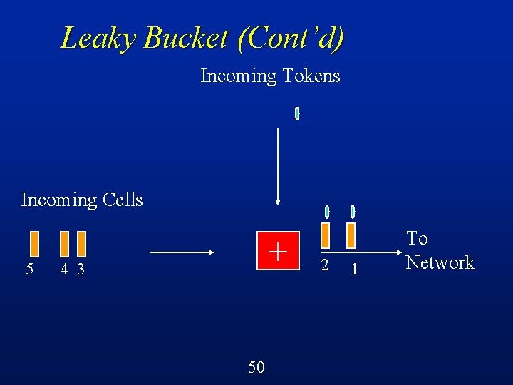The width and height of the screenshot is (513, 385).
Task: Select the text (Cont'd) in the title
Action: click(x=291, y=38)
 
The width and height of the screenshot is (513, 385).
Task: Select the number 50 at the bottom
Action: click(x=256, y=367)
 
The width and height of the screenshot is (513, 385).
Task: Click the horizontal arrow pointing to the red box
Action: click(x=183, y=252)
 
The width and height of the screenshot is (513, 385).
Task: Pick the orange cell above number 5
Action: click(x=33, y=243)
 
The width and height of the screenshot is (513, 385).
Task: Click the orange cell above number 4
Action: click(x=64, y=243)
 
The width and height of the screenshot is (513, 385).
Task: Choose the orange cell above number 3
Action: click(x=81, y=243)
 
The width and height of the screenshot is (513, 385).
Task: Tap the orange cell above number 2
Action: click(x=326, y=235)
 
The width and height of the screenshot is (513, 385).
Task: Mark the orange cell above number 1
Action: click(x=351, y=235)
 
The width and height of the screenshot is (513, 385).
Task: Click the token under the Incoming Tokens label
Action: click(x=297, y=113)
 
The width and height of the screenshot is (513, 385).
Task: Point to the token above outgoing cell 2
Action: click(x=326, y=212)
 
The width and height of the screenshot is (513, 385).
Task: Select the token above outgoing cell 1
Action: click(x=353, y=212)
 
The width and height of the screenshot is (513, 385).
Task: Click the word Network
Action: click(x=440, y=262)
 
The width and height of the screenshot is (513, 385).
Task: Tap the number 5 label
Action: click(x=29, y=269)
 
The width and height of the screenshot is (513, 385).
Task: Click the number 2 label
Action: click(x=324, y=266)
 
